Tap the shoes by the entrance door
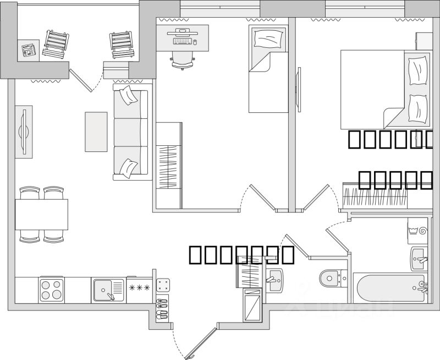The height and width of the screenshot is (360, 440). (162, 308)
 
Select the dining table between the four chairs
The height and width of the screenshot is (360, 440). (41, 214)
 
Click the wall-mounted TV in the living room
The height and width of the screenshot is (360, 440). (24, 131)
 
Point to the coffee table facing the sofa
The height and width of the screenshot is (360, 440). (96, 132)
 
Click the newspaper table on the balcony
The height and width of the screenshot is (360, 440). (28, 50)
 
